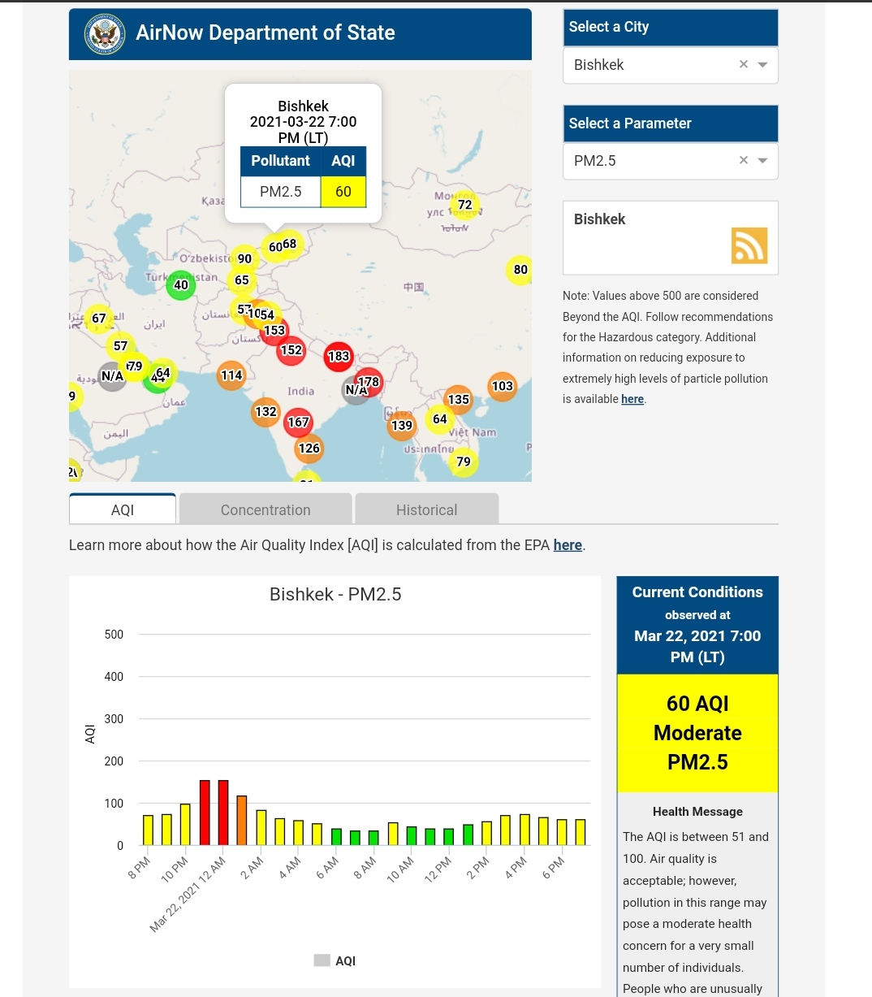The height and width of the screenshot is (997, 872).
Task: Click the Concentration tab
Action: click(x=265, y=510)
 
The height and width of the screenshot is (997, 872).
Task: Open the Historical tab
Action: click(x=426, y=510)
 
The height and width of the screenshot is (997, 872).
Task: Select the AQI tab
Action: click(x=123, y=510)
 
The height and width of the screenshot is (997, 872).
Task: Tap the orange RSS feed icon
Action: click(x=749, y=245)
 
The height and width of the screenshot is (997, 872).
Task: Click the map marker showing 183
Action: click(x=338, y=357)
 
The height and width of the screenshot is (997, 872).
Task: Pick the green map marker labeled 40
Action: click(x=180, y=285)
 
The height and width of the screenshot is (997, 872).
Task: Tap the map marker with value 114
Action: click(x=231, y=375)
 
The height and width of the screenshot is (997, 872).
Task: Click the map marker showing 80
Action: click(x=520, y=270)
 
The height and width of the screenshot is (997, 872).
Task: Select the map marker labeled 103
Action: click(x=502, y=386)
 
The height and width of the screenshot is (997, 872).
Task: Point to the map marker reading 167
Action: click(x=298, y=423)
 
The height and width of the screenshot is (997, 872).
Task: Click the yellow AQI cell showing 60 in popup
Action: click(x=343, y=192)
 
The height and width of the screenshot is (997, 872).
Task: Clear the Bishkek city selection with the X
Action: click(x=743, y=65)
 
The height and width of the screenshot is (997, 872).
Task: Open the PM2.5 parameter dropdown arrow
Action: click(x=762, y=161)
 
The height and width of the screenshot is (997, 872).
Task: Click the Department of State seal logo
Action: click(x=105, y=34)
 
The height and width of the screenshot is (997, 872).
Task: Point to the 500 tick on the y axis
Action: click(x=114, y=635)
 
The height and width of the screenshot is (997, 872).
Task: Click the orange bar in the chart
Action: click(x=241, y=820)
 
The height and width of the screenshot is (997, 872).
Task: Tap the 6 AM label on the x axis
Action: click(x=327, y=868)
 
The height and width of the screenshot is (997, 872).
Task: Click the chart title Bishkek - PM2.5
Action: click(x=335, y=595)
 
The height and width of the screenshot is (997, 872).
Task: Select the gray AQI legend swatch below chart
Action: click(x=322, y=960)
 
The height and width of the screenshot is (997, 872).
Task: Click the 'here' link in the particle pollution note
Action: click(x=632, y=399)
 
